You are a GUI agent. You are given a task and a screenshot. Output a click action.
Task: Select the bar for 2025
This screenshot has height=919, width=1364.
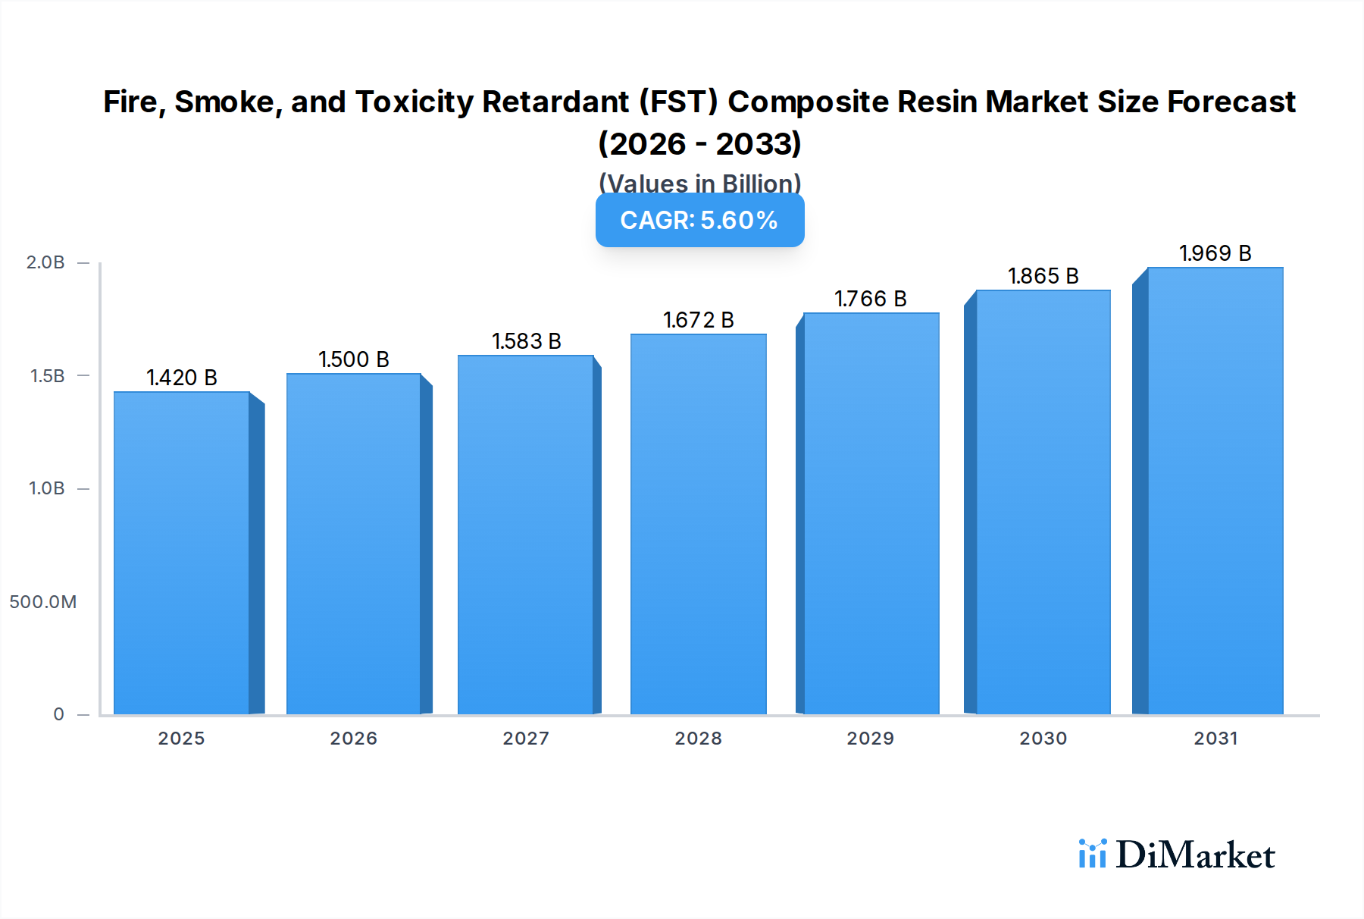(x=182, y=554)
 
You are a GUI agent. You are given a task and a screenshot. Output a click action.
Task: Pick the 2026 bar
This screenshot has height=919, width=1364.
(x=354, y=544)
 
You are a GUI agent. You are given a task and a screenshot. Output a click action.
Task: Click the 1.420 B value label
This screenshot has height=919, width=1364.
(x=182, y=378)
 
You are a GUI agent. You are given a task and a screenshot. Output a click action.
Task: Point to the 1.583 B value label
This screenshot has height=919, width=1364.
(x=527, y=341)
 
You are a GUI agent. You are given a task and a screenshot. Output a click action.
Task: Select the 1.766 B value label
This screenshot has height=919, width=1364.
(x=871, y=299)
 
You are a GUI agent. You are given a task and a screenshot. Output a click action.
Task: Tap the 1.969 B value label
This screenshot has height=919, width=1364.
(x=1215, y=253)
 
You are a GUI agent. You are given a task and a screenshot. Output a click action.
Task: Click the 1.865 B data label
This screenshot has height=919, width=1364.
(x=1043, y=276)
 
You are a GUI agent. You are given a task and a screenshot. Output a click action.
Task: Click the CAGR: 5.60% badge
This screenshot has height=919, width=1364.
(x=699, y=221)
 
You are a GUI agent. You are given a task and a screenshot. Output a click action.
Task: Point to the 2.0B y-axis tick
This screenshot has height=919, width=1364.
(x=45, y=262)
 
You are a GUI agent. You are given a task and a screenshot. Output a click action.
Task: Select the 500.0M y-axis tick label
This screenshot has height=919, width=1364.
(x=43, y=602)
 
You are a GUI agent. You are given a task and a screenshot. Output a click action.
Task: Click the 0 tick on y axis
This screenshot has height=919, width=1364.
(x=58, y=714)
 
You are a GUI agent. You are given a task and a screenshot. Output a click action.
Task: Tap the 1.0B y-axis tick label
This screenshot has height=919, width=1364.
(x=46, y=488)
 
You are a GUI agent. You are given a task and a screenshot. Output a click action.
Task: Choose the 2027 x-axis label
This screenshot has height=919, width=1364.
(x=526, y=739)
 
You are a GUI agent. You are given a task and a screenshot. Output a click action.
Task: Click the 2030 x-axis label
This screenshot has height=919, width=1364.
(x=1043, y=739)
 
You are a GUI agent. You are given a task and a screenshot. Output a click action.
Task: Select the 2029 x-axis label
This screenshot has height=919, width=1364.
(x=871, y=739)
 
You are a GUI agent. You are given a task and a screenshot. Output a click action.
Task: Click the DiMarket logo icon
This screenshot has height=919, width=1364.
(x=1092, y=855)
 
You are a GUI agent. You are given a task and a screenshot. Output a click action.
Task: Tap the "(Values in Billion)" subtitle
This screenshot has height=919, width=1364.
(x=699, y=183)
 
